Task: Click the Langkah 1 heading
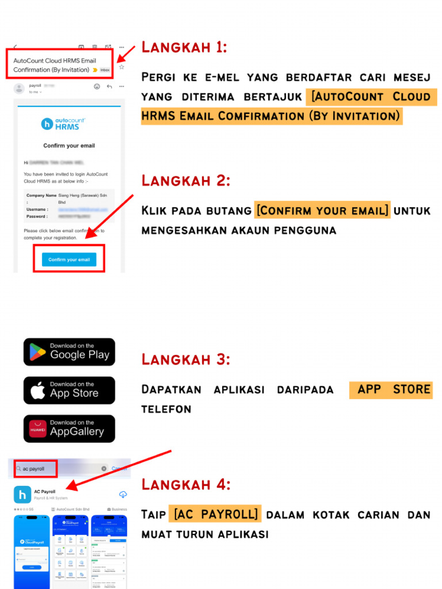click(184, 47)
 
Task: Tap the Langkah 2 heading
click(186, 181)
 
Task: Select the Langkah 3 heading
click(186, 359)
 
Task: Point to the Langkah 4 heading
click(186, 484)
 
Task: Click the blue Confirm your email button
click(69, 259)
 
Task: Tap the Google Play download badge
click(69, 351)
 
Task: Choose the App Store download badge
click(69, 390)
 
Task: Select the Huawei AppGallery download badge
click(69, 429)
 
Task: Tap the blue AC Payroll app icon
click(22, 495)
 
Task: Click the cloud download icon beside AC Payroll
click(123, 495)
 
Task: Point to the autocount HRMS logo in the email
click(63, 123)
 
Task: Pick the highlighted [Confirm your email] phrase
click(322, 211)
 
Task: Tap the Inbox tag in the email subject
click(105, 70)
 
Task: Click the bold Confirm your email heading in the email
click(69, 146)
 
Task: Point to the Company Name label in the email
click(41, 196)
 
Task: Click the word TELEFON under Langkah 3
click(166, 410)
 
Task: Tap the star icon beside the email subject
click(121, 67)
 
